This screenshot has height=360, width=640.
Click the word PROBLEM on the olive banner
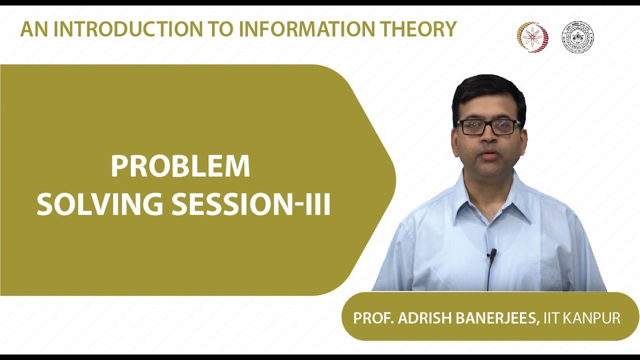point(180,167)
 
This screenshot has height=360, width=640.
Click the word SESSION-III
point(251,204)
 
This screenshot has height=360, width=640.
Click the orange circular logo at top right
point(532,37)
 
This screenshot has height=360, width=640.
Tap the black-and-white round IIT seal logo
point(577,37)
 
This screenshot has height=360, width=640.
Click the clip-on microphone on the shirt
point(492,255)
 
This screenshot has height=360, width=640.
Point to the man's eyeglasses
point(488,127)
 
